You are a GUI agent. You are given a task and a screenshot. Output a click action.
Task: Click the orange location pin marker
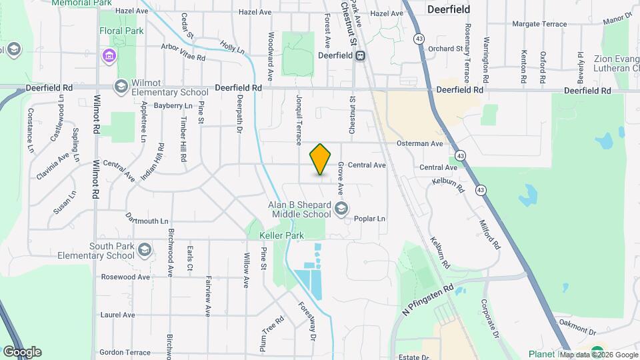[321, 159]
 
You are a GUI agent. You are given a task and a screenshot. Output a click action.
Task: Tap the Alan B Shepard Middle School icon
[341, 209]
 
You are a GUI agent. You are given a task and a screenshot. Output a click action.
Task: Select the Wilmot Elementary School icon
[121, 86]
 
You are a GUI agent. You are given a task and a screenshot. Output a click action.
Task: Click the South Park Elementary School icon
[145, 251]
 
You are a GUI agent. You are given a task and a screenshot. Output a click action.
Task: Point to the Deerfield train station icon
[360, 56]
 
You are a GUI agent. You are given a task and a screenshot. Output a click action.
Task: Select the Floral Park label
[121, 31]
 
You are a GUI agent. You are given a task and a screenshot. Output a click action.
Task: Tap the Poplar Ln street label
[371, 219]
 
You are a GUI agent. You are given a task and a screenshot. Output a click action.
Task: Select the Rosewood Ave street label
[125, 277]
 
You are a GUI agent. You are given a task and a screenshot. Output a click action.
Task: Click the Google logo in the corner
[22, 352]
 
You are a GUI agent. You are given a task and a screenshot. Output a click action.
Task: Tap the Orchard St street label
[445, 49]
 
